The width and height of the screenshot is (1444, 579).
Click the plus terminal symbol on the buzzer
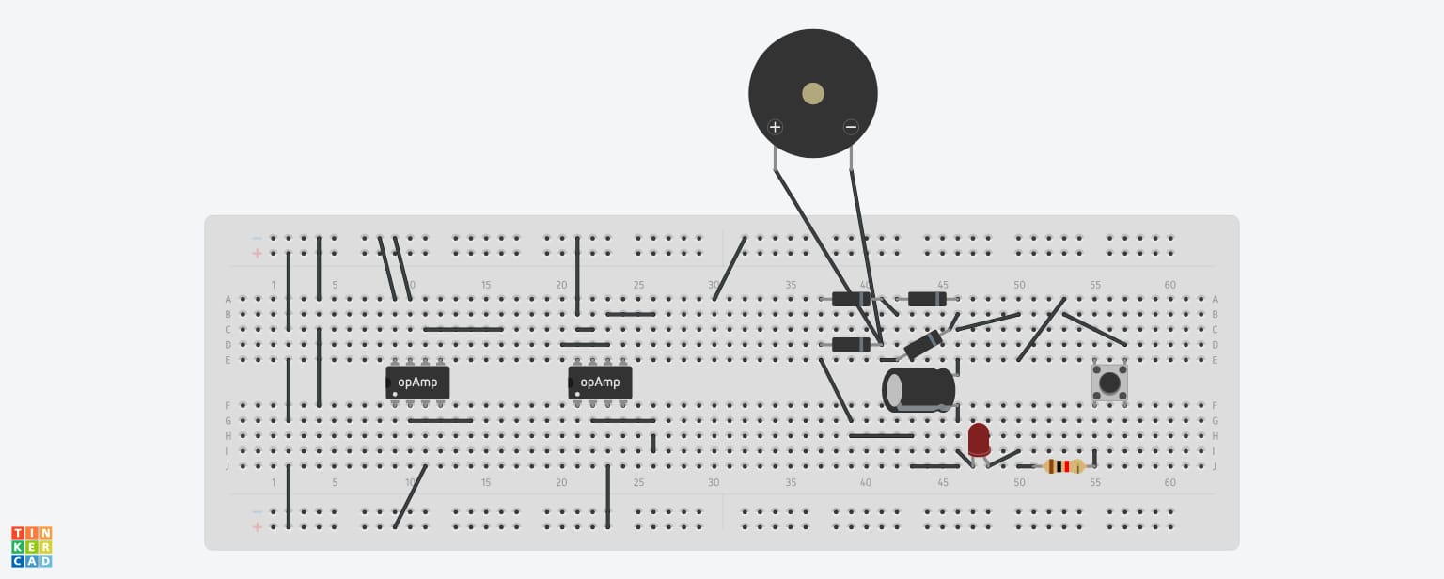pos(775,127)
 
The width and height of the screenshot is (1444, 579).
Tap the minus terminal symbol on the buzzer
pos(851,127)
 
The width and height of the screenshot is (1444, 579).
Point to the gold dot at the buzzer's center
pos(813,93)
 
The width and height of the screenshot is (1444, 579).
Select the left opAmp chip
pos(417,383)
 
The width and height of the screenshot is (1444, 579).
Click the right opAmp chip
pos(600,383)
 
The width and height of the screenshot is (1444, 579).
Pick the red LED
pos(979,440)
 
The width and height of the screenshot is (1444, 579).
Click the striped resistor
pos(1063,466)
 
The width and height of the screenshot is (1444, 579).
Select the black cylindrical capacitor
pos(918,389)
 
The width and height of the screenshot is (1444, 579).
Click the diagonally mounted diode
pos(924,345)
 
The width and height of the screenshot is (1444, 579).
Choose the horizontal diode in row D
pos(851,345)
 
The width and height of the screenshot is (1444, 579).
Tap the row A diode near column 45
pos(927,299)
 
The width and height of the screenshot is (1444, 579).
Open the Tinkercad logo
pos(32,547)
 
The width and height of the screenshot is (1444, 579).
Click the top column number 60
pos(1170,285)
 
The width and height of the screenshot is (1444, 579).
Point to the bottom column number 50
pos(1018,482)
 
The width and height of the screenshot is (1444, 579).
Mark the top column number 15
pos(486,285)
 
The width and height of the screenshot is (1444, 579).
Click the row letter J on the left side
pos(228,466)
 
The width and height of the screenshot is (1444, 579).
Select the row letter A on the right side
pos(1216,299)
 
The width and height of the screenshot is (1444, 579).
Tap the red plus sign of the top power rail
pos(258,254)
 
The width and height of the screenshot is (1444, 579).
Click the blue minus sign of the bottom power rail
pos(258,511)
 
